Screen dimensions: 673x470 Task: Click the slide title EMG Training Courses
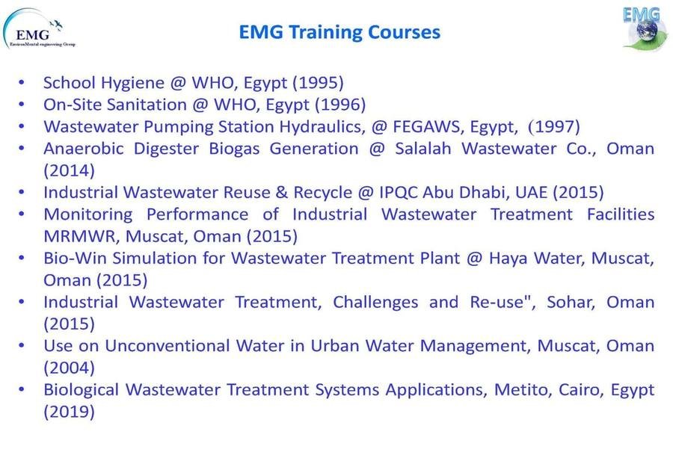(339, 33)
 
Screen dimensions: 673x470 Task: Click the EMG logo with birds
(39, 28)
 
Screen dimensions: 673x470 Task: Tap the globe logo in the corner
(645, 28)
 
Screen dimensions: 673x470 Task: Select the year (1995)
(318, 83)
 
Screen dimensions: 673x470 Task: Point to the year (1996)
(340, 105)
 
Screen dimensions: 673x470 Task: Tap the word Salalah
(423, 149)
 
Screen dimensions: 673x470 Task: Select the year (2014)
(69, 170)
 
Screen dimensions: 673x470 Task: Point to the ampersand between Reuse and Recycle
(282, 193)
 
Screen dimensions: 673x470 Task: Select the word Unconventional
(168, 346)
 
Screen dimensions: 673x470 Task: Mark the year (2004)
(69, 368)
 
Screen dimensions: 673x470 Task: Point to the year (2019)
(69, 412)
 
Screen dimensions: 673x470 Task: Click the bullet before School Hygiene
(22, 83)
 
